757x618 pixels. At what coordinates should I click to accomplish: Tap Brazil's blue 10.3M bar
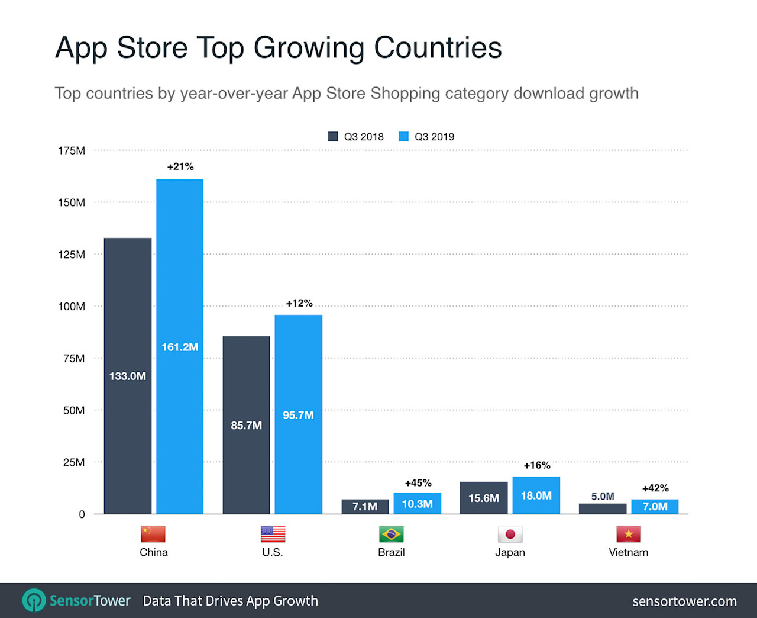pyautogui.click(x=417, y=503)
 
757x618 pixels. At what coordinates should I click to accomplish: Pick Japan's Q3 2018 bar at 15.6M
pyautogui.click(x=483, y=498)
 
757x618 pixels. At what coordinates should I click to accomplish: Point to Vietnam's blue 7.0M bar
pyautogui.click(x=655, y=506)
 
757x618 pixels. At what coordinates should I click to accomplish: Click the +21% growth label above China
pyautogui.click(x=180, y=166)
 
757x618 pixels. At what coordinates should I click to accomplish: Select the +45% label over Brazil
pyautogui.click(x=418, y=483)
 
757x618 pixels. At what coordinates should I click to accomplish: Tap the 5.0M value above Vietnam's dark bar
pyautogui.click(x=603, y=496)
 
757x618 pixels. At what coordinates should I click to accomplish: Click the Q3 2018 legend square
pyautogui.click(x=333, y=136)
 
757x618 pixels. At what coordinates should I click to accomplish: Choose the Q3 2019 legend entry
pyautogui.click(x=427, y=136)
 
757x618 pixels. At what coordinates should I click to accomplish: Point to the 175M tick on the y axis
pyautogui.click(x=72, y=150)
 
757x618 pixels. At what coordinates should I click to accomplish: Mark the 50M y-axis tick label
pyautogui.click(x=74, y=410)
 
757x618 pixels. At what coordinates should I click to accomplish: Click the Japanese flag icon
pyautogui.click(x=510, y=534)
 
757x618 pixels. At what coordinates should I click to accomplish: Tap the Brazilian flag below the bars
pyautogui.click(x=391, y=534)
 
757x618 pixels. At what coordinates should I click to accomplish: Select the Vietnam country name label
pyautogui.click(x=628, y=552)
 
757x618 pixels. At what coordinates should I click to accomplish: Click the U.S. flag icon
pyautogui.click(x=273, y=534)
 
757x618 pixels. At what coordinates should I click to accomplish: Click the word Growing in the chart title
pyautogui.click(x=309, y=48)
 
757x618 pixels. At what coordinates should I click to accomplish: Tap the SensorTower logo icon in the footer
pyautogui.click(x=34, y=600)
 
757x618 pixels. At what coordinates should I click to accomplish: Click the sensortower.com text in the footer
pyautogui.click(x=684, y=601)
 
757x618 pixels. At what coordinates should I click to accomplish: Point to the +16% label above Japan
pyautogui.click(x=537, y=465)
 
